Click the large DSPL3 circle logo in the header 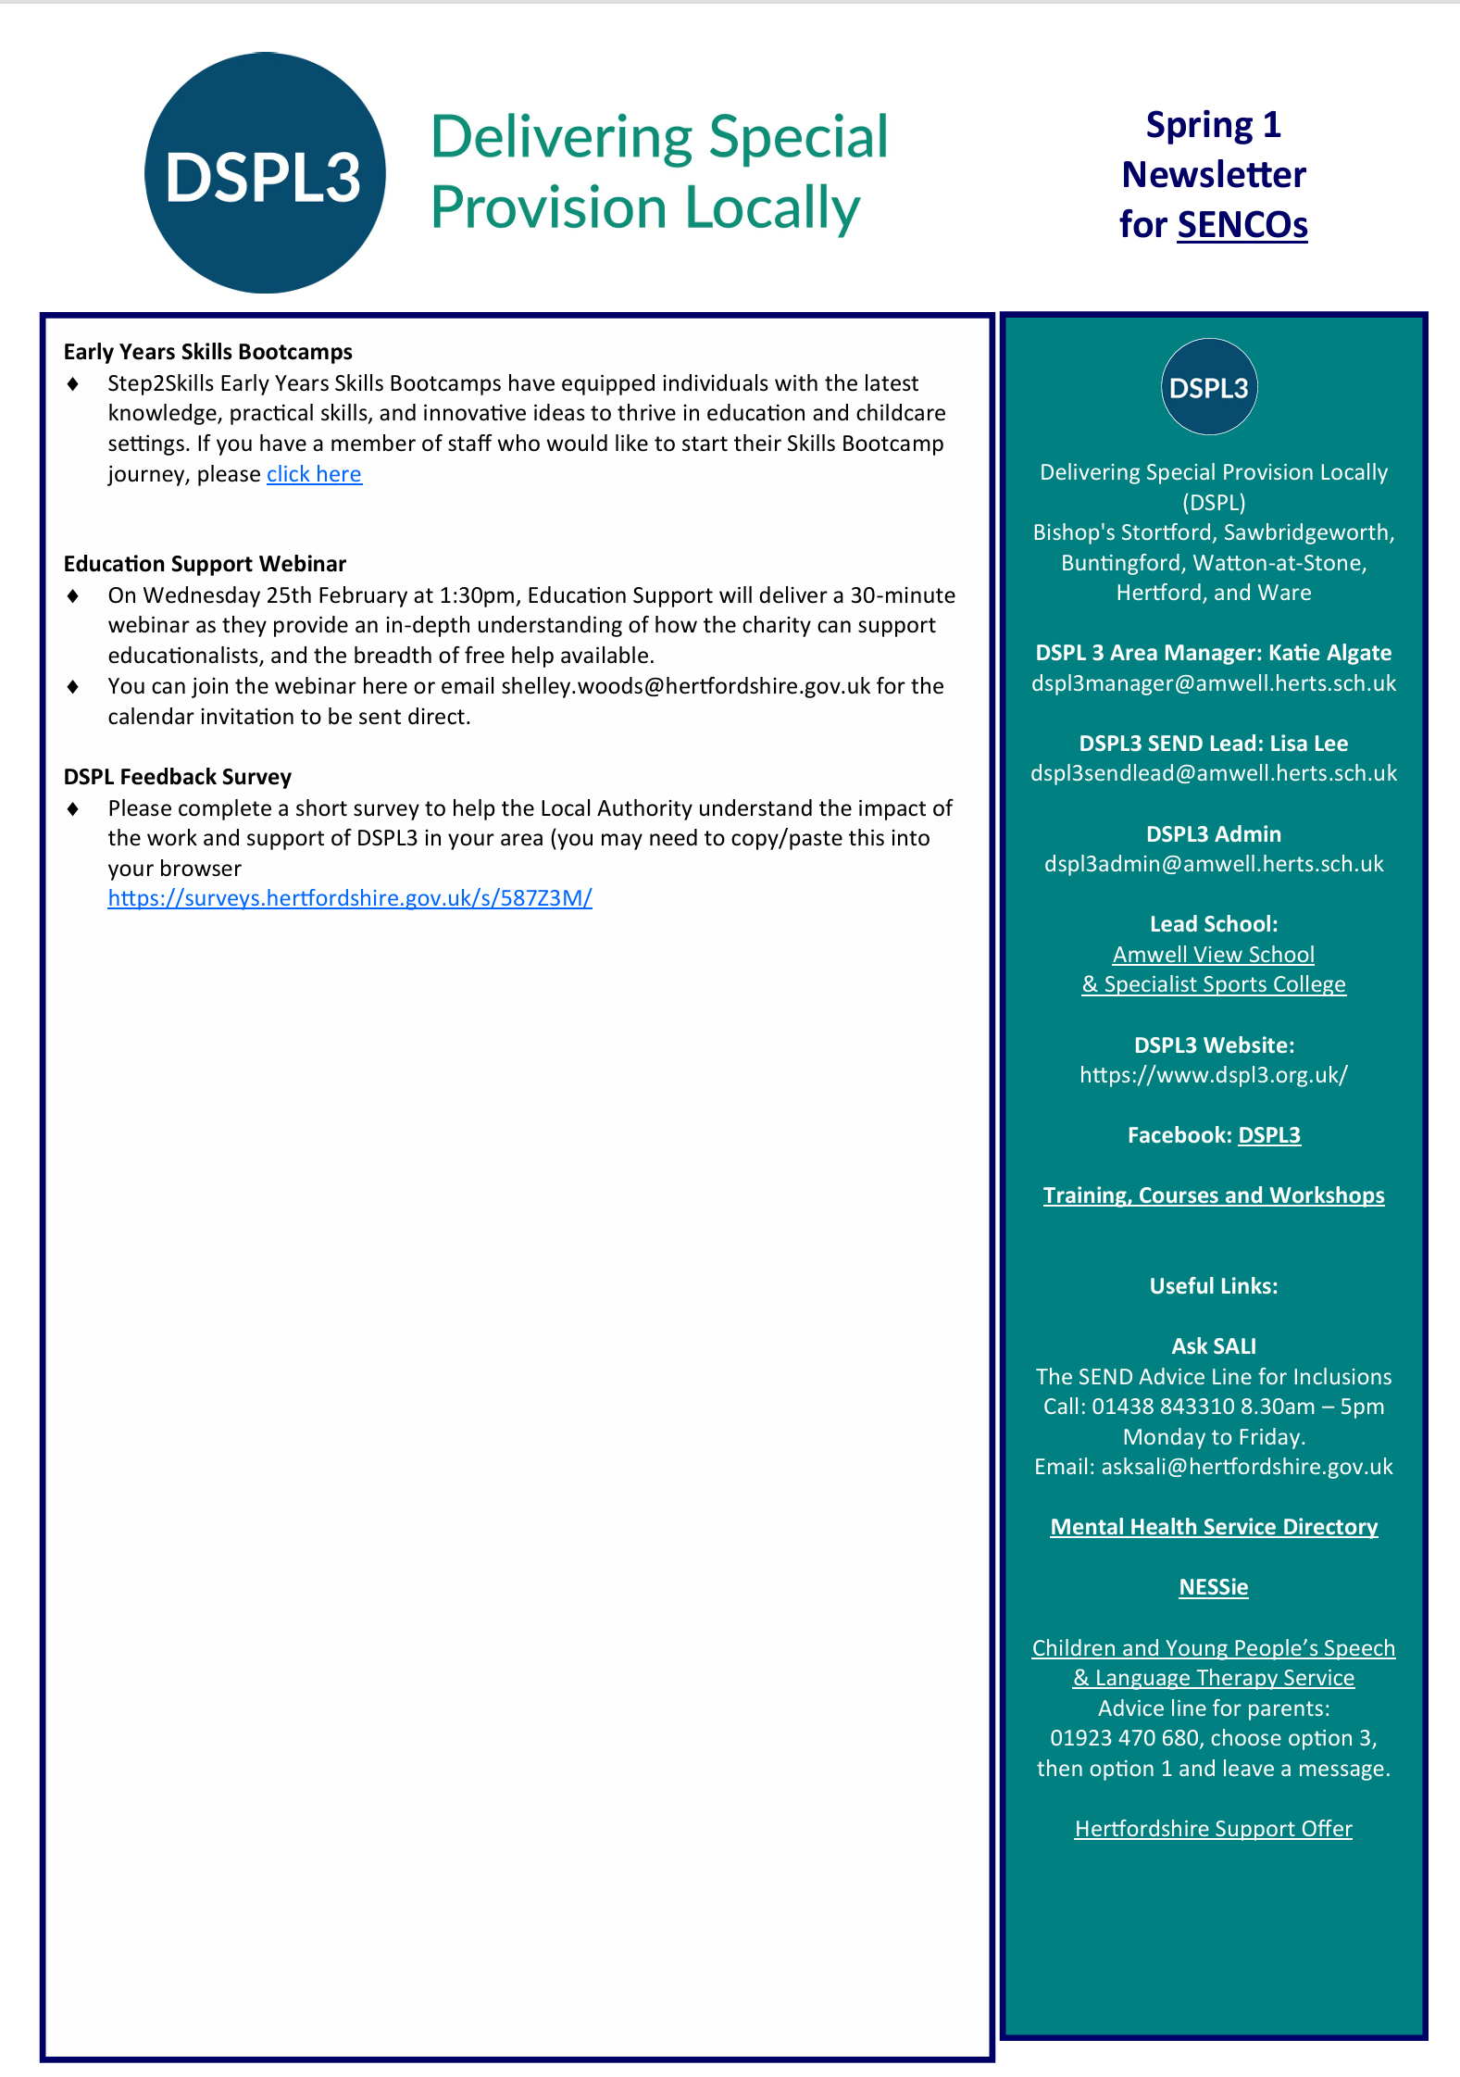pyautogui.click(x=265, y=173)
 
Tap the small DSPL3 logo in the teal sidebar pyautogui.click(x=1208, y=387)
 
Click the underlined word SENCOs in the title pyautogui.click(x=1242, y=225)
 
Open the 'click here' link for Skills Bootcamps pyautogui.click(x=314, y=474)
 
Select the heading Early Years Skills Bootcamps pyautogui.click(x=207, y=352)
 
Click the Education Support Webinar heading pyautogui.click(x=205, y=564)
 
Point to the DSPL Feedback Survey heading pyautogui.click(x=177, y=777)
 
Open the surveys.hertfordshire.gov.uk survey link pyautogui.click(x=349, y=898)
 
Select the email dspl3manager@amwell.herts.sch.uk pyautogui.click(x=1213, y=683)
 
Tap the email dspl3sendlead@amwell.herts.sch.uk pyautogui.click(x=1213, y=773)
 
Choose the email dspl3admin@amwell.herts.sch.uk pyautogui.click(x=1213, y=864)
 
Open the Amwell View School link pyautogui.click(x=1213, y=955)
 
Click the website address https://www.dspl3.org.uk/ pyautogui.click(x=1213, y=1075)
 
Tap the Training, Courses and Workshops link pyautogui.click(x=1213, y=1195)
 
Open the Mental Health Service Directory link pyautogui.click(x=1213, y=1527)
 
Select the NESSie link pyautogui.click(x=1213, y=1587)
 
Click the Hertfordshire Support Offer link pyautogui.click(x=1213, y=1829)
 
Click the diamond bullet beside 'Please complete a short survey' pyautogui.click(x=73, y=809)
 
